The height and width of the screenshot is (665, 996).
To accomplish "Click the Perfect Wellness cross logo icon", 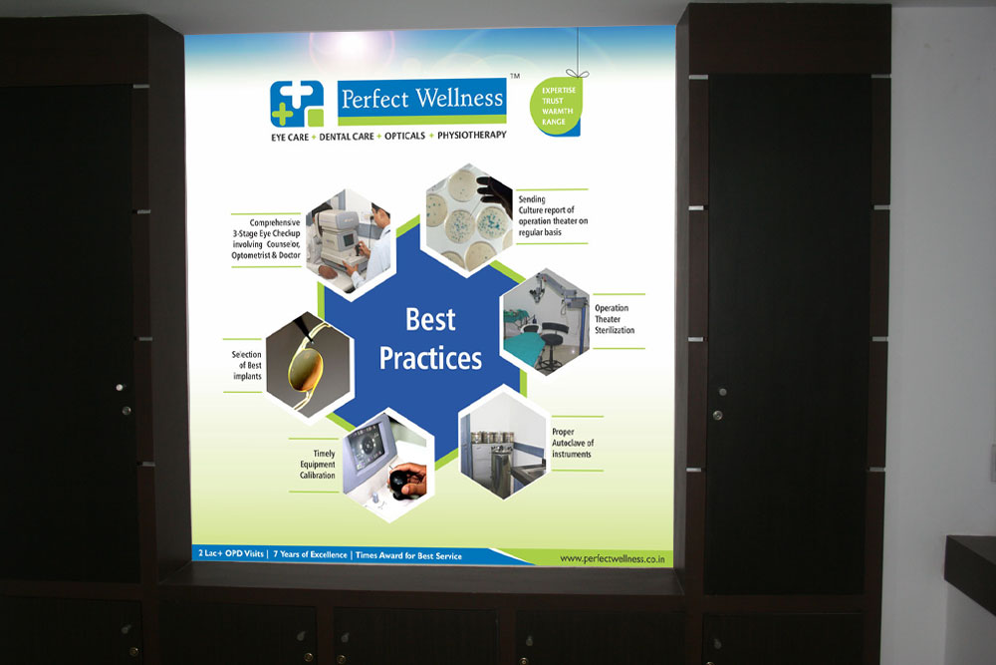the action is (297, 104).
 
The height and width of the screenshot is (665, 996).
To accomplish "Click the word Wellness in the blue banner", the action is (459, 99).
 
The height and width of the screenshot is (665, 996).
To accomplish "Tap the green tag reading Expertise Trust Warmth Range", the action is (556, 106).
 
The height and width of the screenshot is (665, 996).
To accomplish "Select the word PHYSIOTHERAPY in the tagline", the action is (472, 135).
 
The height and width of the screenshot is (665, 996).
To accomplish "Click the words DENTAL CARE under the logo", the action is (347, 137).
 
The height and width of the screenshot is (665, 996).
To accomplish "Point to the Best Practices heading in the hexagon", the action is (430, 339).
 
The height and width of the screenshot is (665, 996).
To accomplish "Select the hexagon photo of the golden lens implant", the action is (309, 364).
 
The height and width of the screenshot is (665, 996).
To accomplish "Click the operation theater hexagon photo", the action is (546, 321).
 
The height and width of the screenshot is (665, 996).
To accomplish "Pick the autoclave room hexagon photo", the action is (502, 443).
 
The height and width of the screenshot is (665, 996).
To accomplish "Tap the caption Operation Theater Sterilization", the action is (615, 319).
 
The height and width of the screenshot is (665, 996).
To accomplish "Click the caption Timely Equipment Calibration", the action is (318, 464).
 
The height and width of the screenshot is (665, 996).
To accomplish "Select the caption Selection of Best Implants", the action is (246, 365).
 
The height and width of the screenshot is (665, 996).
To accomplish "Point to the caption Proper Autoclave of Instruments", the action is (573, 443).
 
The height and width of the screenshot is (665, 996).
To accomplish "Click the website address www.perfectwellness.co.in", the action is (613, 559).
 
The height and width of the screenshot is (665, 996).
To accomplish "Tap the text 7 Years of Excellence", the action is (310, 554).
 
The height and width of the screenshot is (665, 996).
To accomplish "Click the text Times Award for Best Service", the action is (408, 555).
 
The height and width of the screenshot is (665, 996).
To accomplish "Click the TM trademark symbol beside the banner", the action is (515, 76).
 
